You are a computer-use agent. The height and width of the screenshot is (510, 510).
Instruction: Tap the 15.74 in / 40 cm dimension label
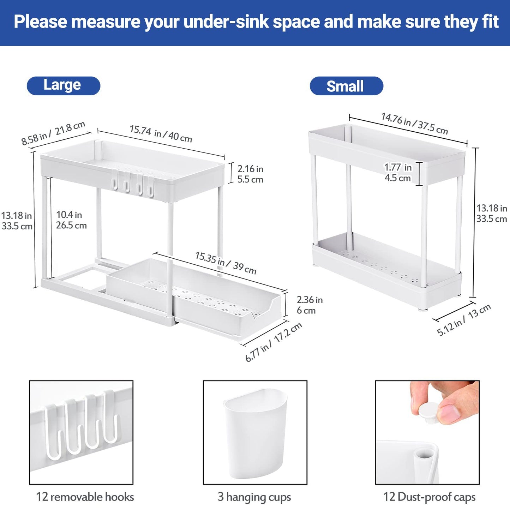tap(161, 133)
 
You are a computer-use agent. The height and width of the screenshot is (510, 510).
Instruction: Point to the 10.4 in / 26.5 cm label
tap(71, 220)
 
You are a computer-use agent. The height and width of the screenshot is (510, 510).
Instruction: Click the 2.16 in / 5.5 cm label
tap(250, 174)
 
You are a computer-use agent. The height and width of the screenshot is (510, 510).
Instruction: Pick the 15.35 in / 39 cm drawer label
tap(226, 263)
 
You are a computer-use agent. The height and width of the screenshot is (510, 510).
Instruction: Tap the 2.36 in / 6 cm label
tap(309, 305)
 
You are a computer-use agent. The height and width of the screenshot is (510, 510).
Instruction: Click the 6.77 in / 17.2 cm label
tap(274, 342)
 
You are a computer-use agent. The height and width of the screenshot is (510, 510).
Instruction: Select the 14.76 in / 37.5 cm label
tap(414, 124)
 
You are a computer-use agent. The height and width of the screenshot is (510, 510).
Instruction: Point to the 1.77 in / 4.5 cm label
tap(398, 172)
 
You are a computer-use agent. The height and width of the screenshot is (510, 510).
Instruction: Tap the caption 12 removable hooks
tap(85, 497)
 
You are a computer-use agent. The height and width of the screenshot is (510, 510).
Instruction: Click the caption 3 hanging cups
tap(254, 497)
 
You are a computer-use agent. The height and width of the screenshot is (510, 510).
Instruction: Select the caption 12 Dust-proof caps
tap(429, 497)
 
